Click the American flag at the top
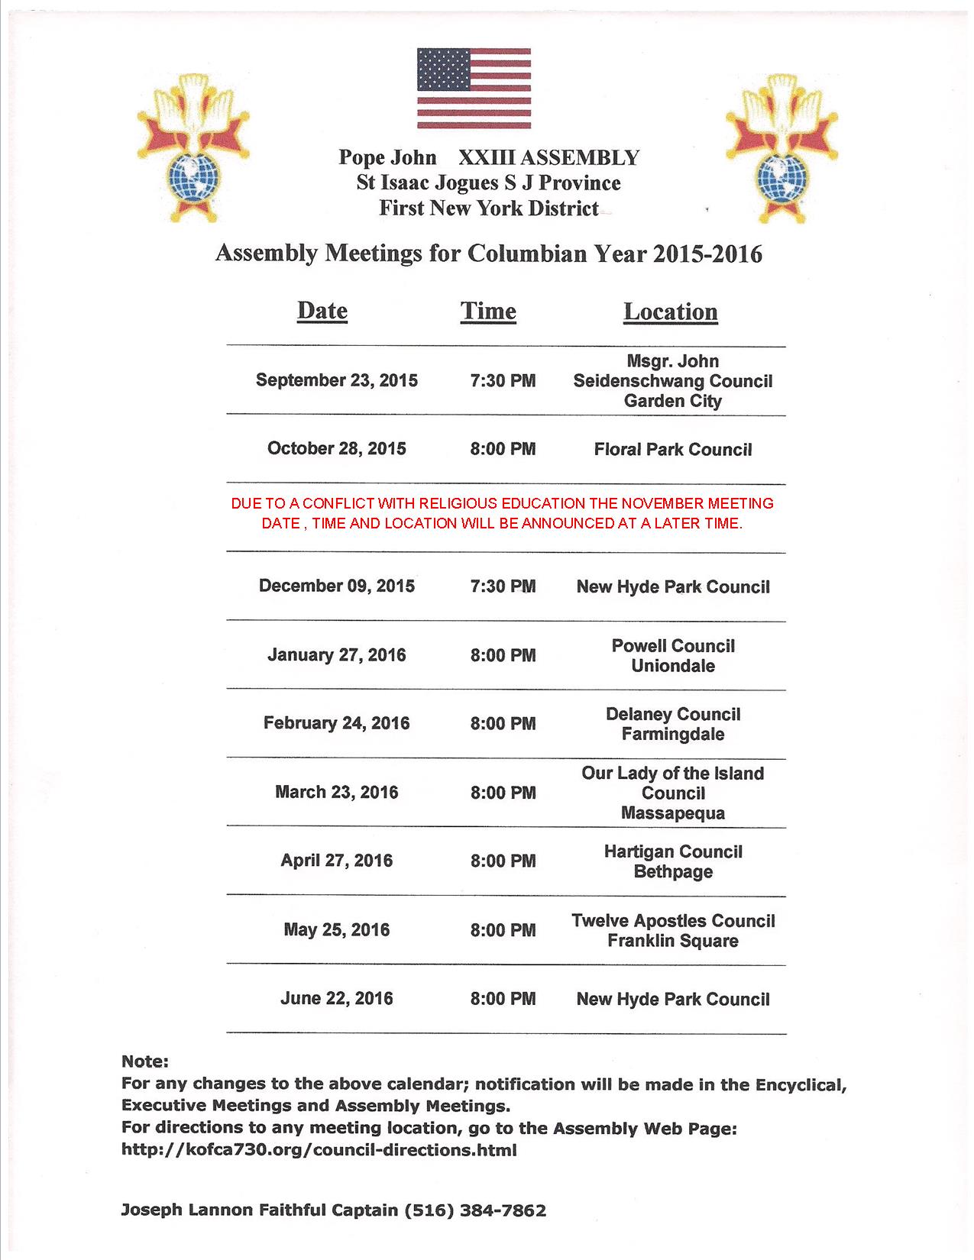click(474, 88)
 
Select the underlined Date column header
click(322, 311)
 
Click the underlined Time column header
click(488, 311)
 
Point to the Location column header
click(671, 311)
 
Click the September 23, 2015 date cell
click(336, 380)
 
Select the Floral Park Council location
click(673, 449)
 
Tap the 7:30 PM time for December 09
click(503, 586)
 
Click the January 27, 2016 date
click(336, 655)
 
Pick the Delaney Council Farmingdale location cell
click(673, 724)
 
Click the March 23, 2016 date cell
click(336, 792)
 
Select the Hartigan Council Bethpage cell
click(673, 861)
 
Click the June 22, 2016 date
click(336, 998)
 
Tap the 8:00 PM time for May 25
click(503, 930)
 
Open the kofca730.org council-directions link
click(319, 1150)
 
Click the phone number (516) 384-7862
click(474, 1210)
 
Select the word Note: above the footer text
click(144, 1061)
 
